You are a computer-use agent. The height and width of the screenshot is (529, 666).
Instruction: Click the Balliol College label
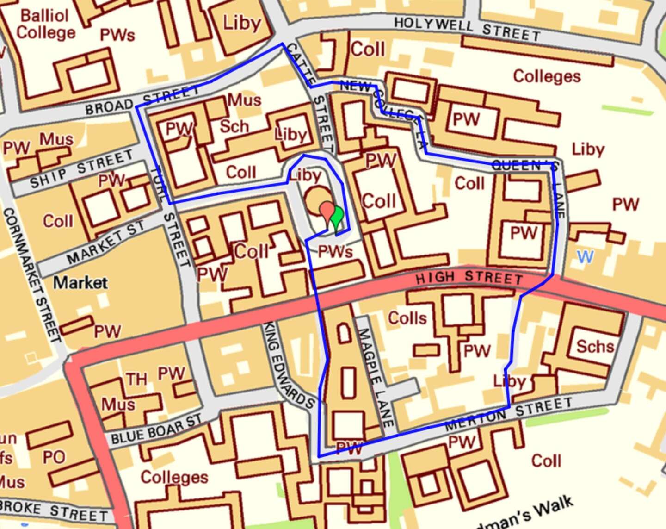[x=46, y=24]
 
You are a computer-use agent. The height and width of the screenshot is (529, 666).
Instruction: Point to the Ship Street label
[x=81, y=169]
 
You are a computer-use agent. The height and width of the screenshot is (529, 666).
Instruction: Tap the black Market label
[x=80, y=282]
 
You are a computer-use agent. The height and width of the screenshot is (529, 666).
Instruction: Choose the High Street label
[x=469, y=278]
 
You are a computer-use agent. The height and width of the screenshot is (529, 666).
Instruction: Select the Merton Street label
[x=509, y=414]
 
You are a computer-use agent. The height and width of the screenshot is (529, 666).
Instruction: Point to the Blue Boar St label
[x=156, y=429]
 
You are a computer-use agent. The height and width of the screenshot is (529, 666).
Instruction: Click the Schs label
[x=595, y=346]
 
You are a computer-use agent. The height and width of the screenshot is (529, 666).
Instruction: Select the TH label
[x=137, y=380]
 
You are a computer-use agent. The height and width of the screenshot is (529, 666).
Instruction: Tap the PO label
[x=54, y=457]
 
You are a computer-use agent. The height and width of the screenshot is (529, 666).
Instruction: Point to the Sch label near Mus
[x=234, y=126]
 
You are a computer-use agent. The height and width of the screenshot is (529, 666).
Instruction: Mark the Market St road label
[x=105, y=242]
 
